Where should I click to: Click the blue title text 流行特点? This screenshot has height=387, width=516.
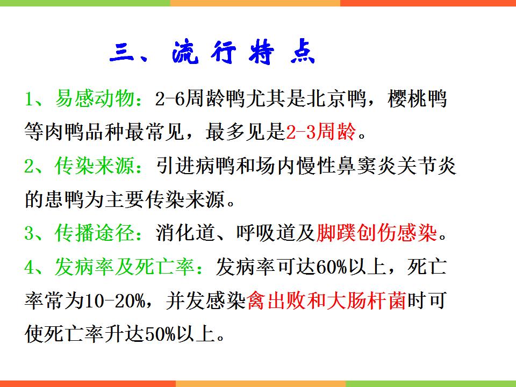(244, 52)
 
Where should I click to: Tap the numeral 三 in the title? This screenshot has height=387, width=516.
(121, 53)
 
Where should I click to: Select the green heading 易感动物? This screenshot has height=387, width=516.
(95, 98)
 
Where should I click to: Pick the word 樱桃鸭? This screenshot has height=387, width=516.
(417, 98)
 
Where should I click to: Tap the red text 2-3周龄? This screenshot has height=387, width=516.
(321, 132)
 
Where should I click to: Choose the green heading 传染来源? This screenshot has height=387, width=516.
(95, 165)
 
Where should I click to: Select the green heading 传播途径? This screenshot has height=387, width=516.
(95, 233)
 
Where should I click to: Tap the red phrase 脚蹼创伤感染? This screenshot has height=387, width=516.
(376, 233)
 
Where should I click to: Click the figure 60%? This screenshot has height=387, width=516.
(332, 267)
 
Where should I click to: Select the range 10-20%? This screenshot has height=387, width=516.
(114, 300)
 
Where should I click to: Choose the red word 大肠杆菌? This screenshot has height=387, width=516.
(366, 300)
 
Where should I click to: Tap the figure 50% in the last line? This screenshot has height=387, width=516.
(160, 334)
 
